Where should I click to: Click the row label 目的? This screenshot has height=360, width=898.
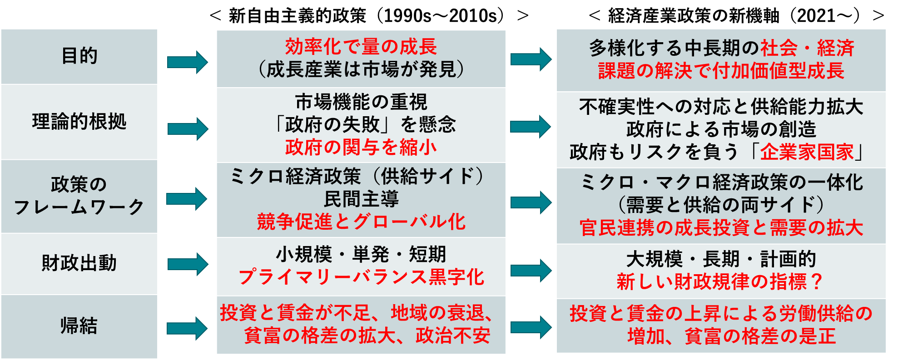coord(79,56)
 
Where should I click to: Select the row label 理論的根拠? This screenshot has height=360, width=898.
coord(79,122)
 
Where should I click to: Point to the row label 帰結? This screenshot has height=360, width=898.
coord(79,326)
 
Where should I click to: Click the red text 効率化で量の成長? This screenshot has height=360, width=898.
coord(361,47)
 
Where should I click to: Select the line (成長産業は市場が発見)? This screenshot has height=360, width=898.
coord(361,69)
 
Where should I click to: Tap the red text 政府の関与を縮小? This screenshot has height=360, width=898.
coord(361,147)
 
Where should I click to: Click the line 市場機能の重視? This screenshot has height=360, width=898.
coord(361,102)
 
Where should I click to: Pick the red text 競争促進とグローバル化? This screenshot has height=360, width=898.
coord(361,222)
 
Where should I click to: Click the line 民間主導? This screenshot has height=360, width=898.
coord(361,199)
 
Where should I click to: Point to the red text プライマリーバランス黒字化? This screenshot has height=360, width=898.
coord(361,277)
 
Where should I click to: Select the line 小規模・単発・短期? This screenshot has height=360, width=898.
coord(361,254)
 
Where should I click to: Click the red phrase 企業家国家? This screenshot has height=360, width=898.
coord(807,152)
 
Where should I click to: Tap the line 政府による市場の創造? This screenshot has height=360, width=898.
coord(721,129)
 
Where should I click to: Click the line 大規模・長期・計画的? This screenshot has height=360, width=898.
coord(721,259)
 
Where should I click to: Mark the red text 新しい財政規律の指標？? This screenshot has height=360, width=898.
coord(721,282)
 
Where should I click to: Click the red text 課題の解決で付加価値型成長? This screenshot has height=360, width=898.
coord(721,71)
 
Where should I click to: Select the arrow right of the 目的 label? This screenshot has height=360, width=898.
coord(187,62)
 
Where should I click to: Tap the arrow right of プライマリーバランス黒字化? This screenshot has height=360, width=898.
coord(531,271)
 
